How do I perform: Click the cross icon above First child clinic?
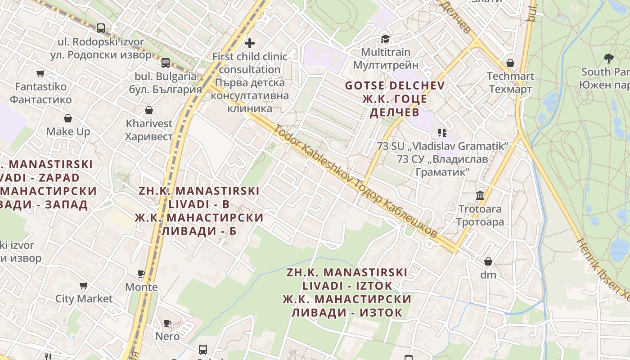click(250, 43)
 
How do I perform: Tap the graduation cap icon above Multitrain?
click(385, 39)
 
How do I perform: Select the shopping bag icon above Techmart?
click(510, 63)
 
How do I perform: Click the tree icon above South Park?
click(609, 58)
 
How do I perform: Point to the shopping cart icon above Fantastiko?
click(40, 73)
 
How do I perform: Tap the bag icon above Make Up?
click(68, 118)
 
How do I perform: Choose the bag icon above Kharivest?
click(149, 110)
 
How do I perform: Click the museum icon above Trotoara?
click(480, 196)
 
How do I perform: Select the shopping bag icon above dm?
click(488, 261)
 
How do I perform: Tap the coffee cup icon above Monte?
click(141, 274)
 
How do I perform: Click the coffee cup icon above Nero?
click(167, 323)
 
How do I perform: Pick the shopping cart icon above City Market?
click(84, 285)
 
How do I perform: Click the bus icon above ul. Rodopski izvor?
click(101, 28)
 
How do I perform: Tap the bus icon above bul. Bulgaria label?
click(166, 63)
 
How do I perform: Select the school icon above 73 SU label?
click(442, 132)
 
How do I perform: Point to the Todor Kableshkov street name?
click(355, 181)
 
